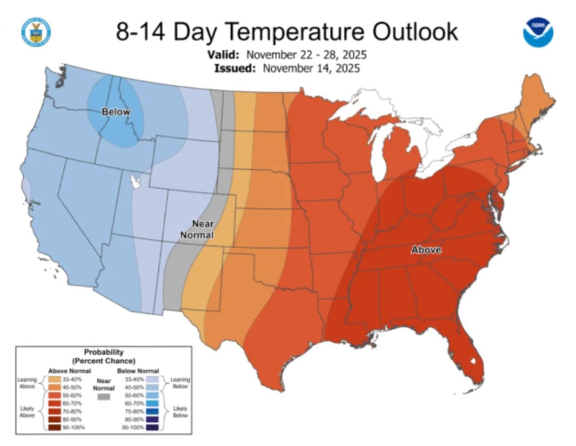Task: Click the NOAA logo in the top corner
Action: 538,32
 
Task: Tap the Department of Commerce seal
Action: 36,32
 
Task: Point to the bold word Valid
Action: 224,55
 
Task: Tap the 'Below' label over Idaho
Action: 116,112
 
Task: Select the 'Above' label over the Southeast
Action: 426,250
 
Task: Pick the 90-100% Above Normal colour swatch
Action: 53,427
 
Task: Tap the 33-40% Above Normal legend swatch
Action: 53,379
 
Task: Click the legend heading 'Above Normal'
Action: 66,371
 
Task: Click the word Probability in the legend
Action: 104,352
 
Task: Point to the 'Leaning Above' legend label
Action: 27,383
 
